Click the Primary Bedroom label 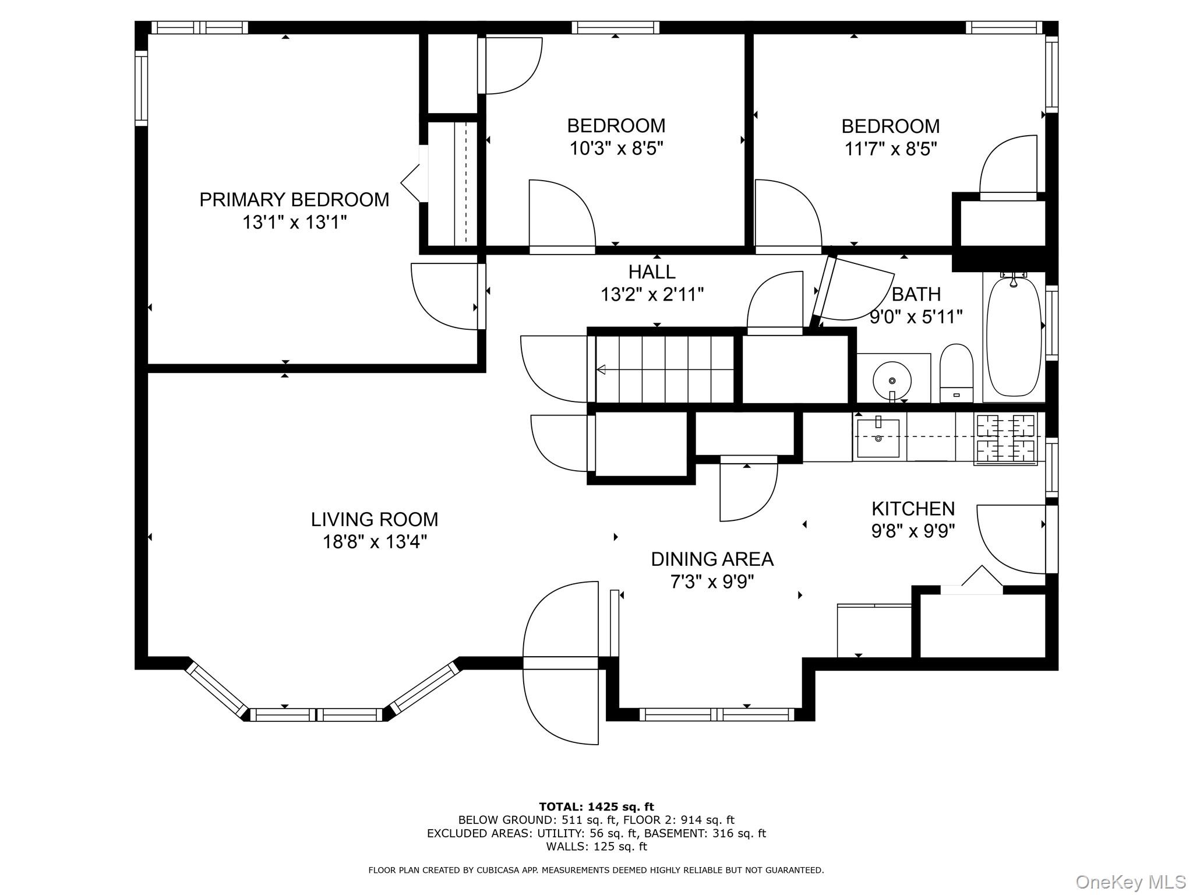[x=294, y=200]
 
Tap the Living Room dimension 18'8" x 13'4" [x=375, y=542]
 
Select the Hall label [x=652, y=272]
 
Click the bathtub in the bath [x=1014, y=336]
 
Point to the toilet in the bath [x=956, y=373]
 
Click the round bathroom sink [x=892, y=380]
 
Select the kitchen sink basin [x=878, y=438]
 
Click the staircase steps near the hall [x=665, y=369]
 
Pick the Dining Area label [x=712, y=559]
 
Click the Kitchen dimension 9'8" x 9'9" [x=913, y=531]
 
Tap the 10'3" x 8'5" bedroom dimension [x=616, y=149]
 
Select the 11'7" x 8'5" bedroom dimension [x=891, y=149]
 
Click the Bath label [x=916, y=294]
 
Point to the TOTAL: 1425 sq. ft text [x=596, y=807]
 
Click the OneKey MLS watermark [x=1131, y=882]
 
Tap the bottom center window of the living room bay [x=317, y=714]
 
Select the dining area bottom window [x=717, y=714]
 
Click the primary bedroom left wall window [x=142, y=88]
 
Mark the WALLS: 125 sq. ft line [x=596, y=847]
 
